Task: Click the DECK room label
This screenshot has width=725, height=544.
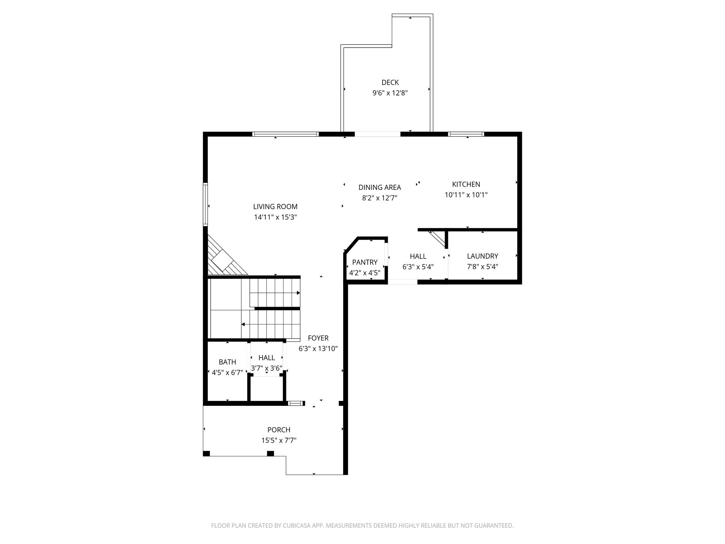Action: [390, 83]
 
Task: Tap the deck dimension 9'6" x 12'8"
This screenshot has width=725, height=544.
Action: [390, 93]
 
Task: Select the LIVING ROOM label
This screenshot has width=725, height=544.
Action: [275, 207]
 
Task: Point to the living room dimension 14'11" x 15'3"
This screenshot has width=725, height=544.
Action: [275, 217]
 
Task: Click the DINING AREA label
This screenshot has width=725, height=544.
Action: [380, 187]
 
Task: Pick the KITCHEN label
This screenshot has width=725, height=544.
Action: [466, 184]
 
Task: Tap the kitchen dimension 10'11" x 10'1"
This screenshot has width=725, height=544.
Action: [466, 195]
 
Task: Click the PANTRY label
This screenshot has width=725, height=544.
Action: [365, 262]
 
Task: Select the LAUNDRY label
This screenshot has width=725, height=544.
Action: [483, 256]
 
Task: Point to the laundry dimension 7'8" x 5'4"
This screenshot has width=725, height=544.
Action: [483, 266]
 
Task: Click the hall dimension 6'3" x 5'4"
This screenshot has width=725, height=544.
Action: [418, 266]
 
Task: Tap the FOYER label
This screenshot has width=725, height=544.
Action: [318, 338]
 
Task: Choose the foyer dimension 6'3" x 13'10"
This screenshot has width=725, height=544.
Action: [318, 349]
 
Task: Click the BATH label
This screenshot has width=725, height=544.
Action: [228, 362]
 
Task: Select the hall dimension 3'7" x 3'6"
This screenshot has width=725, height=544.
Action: [267, 368]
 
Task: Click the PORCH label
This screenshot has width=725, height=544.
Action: [279, 430]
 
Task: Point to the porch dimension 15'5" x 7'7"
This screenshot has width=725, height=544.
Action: [279, 440]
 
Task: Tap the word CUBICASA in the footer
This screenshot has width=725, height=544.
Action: [299, 525]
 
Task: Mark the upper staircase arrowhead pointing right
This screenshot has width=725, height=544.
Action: [298, 293]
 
